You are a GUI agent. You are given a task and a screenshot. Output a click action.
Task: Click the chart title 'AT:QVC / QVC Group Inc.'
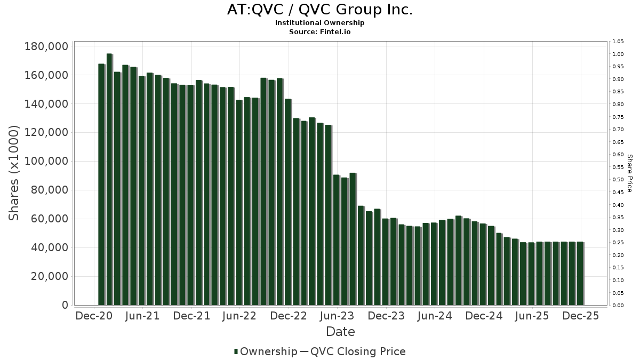coord(319,10)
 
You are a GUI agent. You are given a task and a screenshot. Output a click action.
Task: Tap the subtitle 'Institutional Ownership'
coord(319,23)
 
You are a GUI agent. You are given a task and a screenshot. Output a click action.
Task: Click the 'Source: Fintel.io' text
coord(319,31)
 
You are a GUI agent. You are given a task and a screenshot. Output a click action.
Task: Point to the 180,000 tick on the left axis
coord(46,46)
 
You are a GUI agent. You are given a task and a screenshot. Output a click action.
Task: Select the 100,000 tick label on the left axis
coord(46,162)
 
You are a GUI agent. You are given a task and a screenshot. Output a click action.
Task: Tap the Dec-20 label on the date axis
coord(94,316)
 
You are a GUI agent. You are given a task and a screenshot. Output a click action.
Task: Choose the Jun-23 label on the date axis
coord(337,316)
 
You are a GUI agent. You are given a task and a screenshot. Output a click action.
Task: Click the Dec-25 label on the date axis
coord(581,316)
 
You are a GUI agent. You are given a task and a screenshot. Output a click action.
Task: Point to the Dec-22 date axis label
coord(289,316)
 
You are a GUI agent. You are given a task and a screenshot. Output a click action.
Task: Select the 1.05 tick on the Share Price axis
coord(618,42)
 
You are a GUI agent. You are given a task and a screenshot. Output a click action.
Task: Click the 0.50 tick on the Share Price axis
coord(618,180)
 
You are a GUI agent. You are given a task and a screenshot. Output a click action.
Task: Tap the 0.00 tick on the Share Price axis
coord(618,306)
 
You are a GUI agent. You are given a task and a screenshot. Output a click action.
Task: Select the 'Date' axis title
coord(340,332)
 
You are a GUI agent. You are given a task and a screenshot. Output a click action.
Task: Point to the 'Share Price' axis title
coord(629,173)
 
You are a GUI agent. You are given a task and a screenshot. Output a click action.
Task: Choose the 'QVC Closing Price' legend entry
coord(358,351)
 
